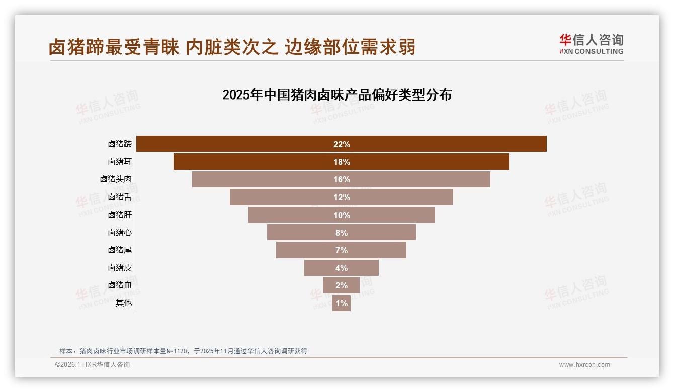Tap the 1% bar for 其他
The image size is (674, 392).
pos(342,303)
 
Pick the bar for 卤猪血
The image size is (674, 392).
pos(341,285)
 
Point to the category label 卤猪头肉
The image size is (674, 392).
pos(116,179)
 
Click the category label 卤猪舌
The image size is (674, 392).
pos(120,197)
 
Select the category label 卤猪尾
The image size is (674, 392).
pos(120,250)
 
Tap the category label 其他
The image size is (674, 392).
pos(124,303)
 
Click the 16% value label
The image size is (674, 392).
pos(342,179)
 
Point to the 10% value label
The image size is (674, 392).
pos(342,215)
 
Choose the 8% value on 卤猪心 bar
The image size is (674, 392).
pos(342,233)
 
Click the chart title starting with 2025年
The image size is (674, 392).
pos(337,95)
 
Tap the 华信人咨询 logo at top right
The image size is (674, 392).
pos(592,40)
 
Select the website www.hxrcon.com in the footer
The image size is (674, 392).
pos(584,365)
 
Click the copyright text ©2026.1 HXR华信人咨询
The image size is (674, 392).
pos(93,365)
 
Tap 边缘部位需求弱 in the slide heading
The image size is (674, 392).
pos(350,47)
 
